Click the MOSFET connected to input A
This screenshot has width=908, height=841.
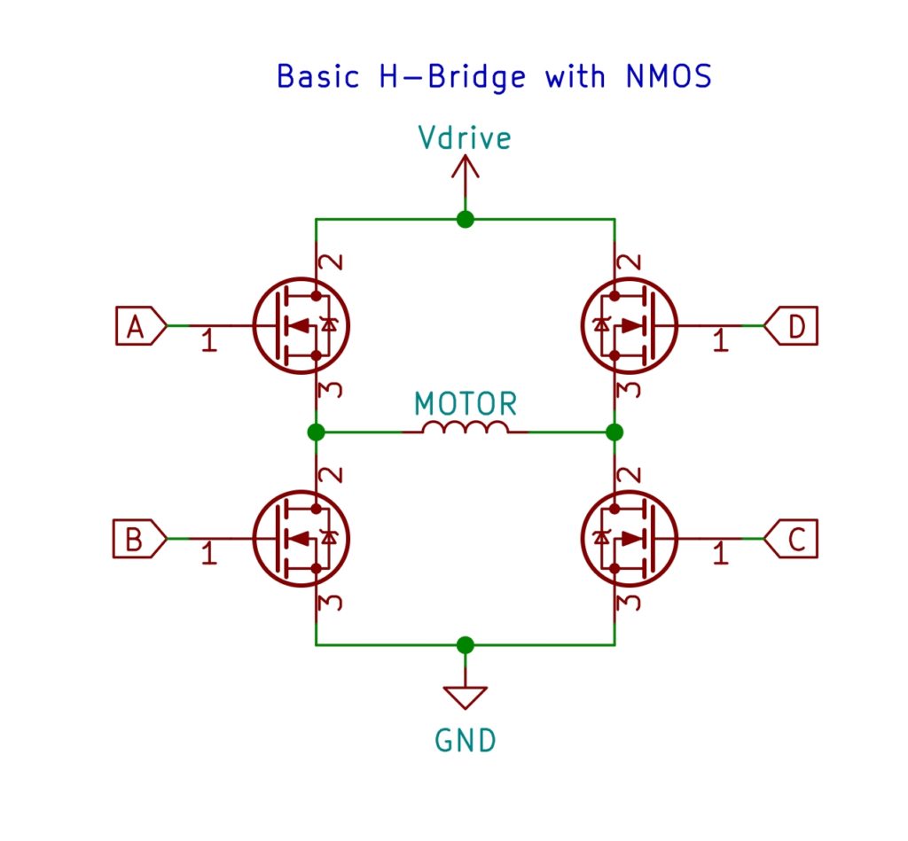[x=301, y=326]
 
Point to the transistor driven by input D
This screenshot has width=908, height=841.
[x=629, y=326]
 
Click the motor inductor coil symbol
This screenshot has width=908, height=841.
[x=466, y=429]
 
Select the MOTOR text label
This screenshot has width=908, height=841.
[x=466, y=404]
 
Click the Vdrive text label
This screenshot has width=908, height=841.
[x=465, y=138]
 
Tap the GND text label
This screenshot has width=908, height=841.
[x=466, y=740]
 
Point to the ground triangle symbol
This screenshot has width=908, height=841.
[x=466, y=697]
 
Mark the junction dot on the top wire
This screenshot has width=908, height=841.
[x=465, y=219]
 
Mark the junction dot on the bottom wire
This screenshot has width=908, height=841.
[x=466, y=644]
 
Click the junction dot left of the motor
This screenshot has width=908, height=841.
[x=316, y=432]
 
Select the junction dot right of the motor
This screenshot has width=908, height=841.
[x=614, y=432]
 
